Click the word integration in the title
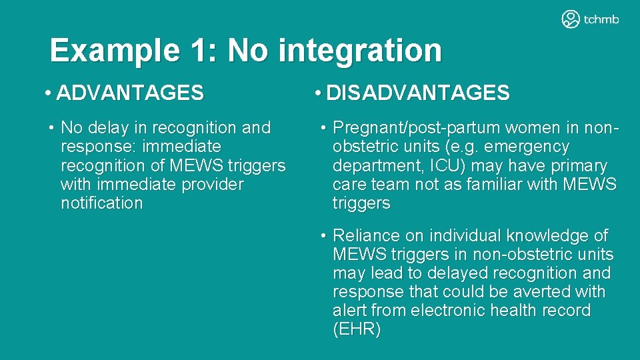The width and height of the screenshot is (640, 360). pyautogui.click(x=359, y=51)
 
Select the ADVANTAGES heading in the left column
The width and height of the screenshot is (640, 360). pyautogui.click(x=130, y=93)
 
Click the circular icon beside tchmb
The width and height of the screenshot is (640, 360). pyautogui.click(x=571, y=19)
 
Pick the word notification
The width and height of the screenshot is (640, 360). pyautogui.click(x=101, y=203)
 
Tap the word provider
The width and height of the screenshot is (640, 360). pyautogui.click(x=212, y=185)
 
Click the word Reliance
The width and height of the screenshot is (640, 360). pyautogui.click(x=366, y=236)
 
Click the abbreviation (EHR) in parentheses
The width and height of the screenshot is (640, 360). pyautogui.click(x=357, y=329)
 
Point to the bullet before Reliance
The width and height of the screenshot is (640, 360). pyautogui.click(x=323, y=236)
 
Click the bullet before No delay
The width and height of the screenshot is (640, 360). pyautogui.click(x=51, y=128)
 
